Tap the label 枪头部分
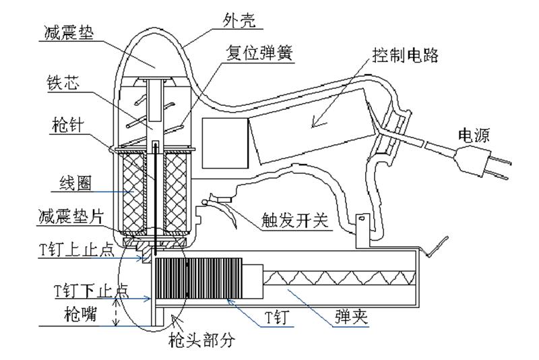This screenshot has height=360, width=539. click(x=201, y=340)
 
